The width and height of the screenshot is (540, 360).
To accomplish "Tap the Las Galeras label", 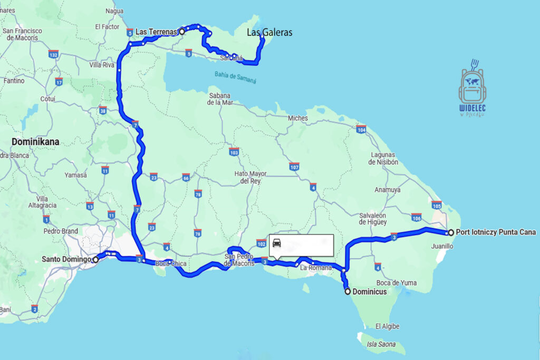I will pyautogui.click(x=269, y=33).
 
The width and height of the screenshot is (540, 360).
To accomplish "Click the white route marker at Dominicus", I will pyautogui.click(x=347, y=291).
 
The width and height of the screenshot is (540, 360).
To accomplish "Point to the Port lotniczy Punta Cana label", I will pyautogui.click(x=496, y=232).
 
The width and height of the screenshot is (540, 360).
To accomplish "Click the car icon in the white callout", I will pyautogui.click(x=277, y=244).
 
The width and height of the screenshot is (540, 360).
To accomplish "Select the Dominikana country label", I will pyautogui.click(x=35, y=142).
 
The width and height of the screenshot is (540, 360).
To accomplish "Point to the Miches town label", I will pyautogui.click(x=297, y=118).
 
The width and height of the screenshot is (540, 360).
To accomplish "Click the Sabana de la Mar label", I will pyautogui.click(x=220, y=99).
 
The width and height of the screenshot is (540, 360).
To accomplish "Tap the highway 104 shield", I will pyautogui.click(x=361, y=130).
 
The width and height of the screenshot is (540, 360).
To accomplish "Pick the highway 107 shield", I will pyautogui.click(x=294, y=168).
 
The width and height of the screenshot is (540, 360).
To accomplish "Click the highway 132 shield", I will pyautogui.click(x=53, y=55).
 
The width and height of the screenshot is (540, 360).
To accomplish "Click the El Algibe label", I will pyautogui.click(x=385, y=326).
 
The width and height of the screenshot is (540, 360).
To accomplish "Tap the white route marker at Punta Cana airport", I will pyautogui.click(x=451, y=232).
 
